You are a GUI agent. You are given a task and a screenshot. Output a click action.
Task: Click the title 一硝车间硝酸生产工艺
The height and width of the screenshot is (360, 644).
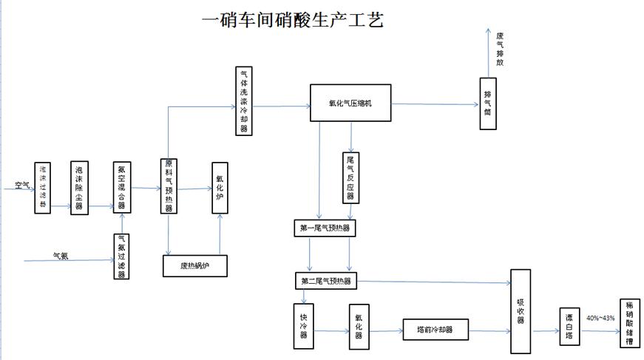tap(293, 20)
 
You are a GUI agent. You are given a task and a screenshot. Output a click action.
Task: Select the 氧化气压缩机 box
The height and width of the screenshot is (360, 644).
tap(350, 103)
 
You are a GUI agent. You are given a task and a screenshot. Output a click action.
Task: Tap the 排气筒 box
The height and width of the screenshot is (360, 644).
tap(487, 103)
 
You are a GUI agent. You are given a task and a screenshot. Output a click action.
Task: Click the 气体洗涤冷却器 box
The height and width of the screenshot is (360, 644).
tap(244, 102)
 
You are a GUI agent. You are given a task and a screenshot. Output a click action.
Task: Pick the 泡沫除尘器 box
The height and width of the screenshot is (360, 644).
tap(78, 187)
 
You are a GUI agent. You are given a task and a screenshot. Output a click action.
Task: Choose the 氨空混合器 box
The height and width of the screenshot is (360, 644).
tap(121, 187)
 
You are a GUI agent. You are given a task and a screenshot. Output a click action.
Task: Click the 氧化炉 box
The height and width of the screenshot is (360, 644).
tap(220, 188)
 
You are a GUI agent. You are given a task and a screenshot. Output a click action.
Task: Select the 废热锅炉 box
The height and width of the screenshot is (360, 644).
tap(194, 265)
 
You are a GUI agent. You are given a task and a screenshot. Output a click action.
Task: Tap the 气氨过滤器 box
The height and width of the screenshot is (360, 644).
tap(121, 257)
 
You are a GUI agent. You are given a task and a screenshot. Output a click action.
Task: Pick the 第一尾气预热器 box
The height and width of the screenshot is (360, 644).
tap(325, 228)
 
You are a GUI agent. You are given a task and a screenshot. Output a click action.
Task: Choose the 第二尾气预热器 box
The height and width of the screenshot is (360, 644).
tap(325, 281)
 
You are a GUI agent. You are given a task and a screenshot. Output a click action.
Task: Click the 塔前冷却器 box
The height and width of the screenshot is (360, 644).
tap(436, 330)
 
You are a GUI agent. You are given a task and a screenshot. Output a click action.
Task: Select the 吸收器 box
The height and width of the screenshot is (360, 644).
tap(521, 306)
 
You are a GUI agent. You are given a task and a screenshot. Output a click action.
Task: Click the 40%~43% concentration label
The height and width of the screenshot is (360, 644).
tap(600, 318)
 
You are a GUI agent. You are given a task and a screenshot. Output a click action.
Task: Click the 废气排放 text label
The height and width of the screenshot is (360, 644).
tap(501, 49)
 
